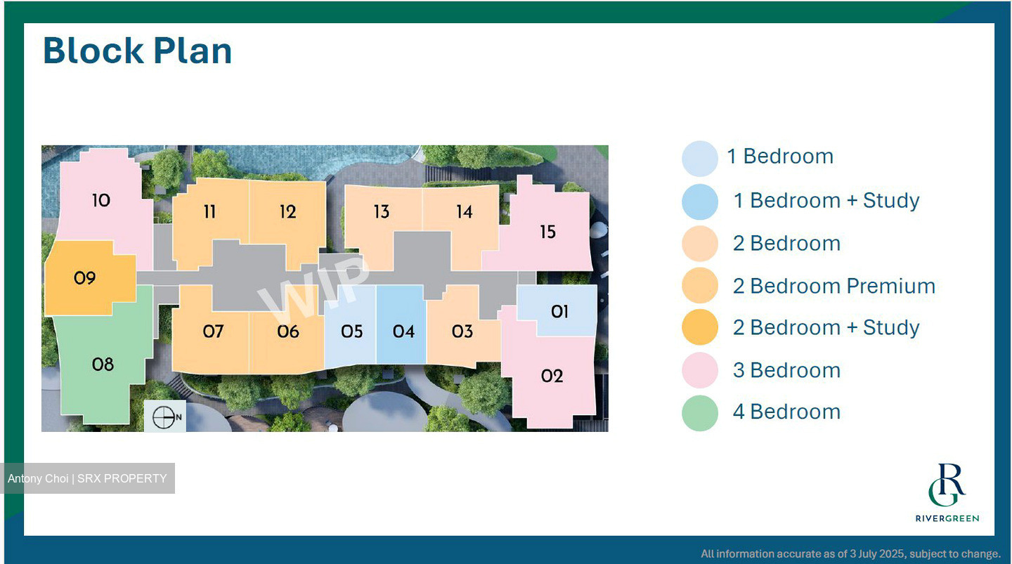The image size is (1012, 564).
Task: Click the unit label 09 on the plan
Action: (x=84, y=278)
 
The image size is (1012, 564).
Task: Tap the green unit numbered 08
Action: (x=103, y=364)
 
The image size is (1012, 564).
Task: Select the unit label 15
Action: (x=547, y=231)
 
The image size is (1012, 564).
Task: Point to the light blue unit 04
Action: (x=403, y=331)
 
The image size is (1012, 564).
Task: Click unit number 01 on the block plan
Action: (x=559, y=311)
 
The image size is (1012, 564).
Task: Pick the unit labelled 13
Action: (x=381, y=211)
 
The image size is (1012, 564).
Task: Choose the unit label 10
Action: (x=101, y=200)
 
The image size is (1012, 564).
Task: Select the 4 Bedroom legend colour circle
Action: (x=700, y=412)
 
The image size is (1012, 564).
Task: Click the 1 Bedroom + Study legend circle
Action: (x=700, y=202)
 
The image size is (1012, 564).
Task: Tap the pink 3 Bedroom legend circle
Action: (x=700, y=370)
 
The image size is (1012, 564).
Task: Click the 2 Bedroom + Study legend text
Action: (x=826, y=327)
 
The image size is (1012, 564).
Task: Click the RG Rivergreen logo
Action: (x=947, y=492)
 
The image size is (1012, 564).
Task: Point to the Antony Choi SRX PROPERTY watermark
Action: (x=87, y=478)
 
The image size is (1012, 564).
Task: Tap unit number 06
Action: (x=288, y=331)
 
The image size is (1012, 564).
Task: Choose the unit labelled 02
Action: (x=552, y=376)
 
